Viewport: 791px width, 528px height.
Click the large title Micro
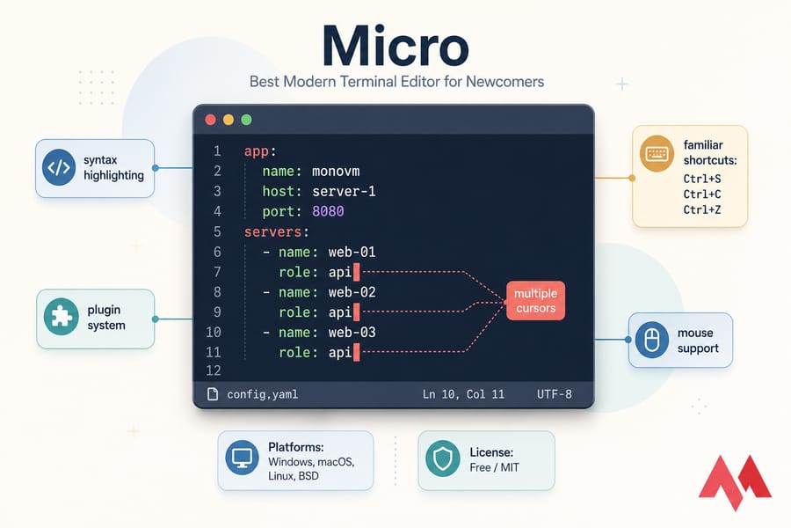coord(396,47)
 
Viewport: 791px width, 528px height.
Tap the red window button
coord(210,120)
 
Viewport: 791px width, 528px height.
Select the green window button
coord(246,120)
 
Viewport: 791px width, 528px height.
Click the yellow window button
coord(229,120)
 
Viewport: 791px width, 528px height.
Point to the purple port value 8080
coord(328,211)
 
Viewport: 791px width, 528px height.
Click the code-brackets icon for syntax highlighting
coord(59,167)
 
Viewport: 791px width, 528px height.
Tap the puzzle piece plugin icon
coord(61,317)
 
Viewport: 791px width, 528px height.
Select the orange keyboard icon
coord(657,154)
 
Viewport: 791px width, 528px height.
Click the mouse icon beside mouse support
coord(652,340)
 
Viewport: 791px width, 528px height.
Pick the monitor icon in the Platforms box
coord(243,458)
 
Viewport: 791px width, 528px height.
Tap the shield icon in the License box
coord(442,458)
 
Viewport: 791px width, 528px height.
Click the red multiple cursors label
coord(535,301)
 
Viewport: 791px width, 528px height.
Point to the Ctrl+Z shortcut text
coord(702,209)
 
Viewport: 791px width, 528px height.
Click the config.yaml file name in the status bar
coord(262,394)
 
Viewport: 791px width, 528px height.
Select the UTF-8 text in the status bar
coord(555,394)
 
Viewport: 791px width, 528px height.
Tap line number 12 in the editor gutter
coord(214,370)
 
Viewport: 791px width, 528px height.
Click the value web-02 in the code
coord(352,292)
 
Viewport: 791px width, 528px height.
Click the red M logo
coord(735,482)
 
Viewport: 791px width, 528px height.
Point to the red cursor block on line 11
coord(357,352)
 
